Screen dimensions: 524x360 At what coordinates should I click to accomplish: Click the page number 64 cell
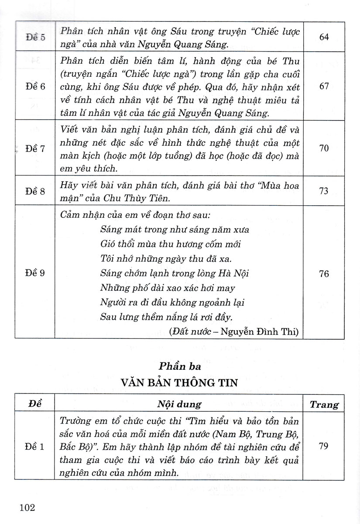coord(324,37)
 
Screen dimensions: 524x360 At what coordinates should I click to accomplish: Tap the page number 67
coord(324,86)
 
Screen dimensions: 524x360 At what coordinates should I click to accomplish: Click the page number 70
coord(324,148)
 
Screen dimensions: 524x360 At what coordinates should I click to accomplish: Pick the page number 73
coord(324,191)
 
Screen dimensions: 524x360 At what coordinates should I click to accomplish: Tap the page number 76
coord(324,273)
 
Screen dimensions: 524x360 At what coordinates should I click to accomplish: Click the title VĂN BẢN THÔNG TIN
coord(179,383)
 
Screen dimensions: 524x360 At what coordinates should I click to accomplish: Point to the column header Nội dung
coord(179,404)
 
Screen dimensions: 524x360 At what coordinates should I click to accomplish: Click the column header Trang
coord(324,404)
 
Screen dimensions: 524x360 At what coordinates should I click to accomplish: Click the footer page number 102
coord(27,507)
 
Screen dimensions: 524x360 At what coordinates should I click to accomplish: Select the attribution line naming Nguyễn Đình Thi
coord(233,332)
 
